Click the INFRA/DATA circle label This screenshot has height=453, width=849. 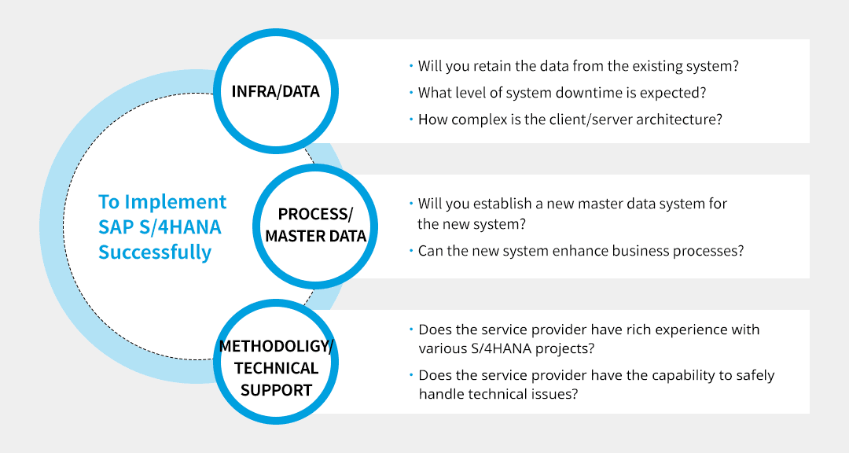point(275,91)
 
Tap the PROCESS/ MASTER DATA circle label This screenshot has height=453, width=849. point(315,225)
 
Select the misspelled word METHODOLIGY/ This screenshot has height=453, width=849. point(277,346)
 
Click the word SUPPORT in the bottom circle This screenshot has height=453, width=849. point(277,390)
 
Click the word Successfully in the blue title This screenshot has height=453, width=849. point(155,252)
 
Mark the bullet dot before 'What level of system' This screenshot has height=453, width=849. point(410,93)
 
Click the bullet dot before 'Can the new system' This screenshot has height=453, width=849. point(410,251)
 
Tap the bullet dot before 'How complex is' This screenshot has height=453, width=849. point(410,120)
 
